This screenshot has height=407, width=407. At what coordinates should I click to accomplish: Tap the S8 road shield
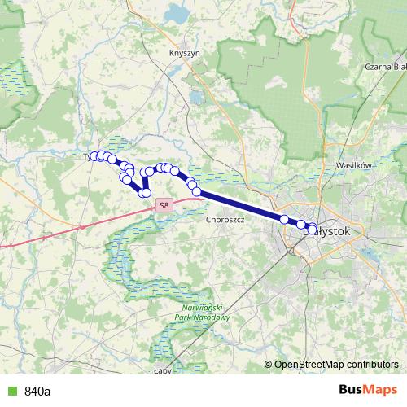point(164,206)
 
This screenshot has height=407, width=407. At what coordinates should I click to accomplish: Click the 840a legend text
point(37,391)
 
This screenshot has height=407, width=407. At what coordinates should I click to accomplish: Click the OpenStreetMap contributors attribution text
point(336,364)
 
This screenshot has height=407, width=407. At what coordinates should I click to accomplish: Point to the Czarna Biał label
point(386,67)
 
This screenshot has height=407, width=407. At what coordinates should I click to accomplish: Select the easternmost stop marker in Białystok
point(313,228)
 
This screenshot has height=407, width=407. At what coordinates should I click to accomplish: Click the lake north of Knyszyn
point(177,14)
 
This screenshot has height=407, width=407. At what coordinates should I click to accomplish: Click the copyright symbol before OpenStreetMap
point(269,364)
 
